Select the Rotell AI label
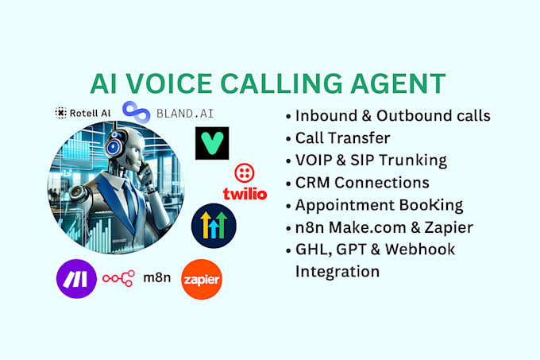(x=83, y=114)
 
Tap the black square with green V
(x=211, y=143)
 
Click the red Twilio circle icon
(x=244, y=174)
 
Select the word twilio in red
(x=245, y=193)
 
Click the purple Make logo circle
(x=77, y=280)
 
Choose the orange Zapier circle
(x=201, y=280)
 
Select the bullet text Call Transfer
(x=342, y=137)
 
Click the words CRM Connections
(x=361, y=182)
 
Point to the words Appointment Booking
(x=379, y=205)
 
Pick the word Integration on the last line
(x=337, y=271)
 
